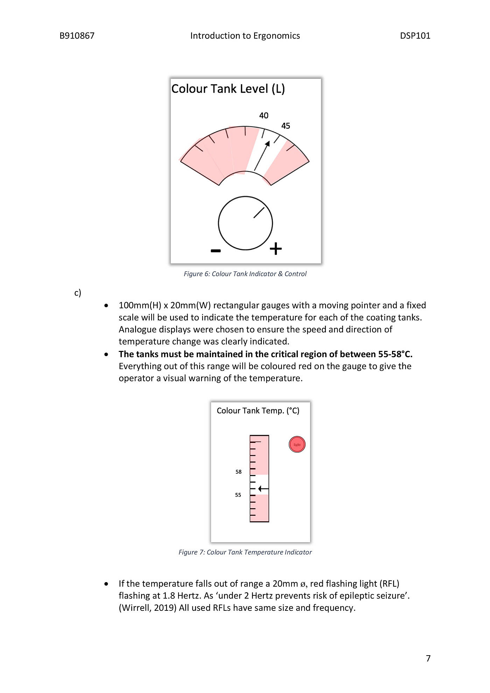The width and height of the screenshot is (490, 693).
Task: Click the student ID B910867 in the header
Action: tap(77, 36)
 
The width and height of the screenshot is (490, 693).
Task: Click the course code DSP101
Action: tap(415, 36)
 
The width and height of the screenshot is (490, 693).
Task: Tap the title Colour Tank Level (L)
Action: tap(228, 89)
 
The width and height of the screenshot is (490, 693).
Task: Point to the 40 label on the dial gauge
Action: tap(264, 115)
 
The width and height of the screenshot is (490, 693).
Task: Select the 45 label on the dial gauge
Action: tap(286, 126)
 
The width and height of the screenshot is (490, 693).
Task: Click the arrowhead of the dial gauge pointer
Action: tap(268, 143)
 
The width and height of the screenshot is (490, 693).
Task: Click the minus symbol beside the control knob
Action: tap(216, 251)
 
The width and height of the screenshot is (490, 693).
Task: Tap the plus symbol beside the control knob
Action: tap(276, 249)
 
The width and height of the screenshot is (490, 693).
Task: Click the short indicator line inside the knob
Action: tap(259, 213)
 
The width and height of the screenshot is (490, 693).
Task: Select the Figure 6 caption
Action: tap(245, 274)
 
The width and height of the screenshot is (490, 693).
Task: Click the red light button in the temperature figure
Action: tap(297, 445)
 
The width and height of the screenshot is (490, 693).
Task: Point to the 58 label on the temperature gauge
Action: tap(238, 472)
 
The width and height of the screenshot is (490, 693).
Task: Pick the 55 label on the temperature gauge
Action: tap(238, 495)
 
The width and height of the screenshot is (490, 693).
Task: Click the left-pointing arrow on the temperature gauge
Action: tap(263, 489)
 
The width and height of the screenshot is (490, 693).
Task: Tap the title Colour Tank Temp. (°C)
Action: tap(258, 411)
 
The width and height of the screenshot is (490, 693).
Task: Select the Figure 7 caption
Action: tap(245, 552)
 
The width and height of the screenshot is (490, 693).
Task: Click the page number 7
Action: tap(428, 658)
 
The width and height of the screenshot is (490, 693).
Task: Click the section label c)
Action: tap(78, 292)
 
